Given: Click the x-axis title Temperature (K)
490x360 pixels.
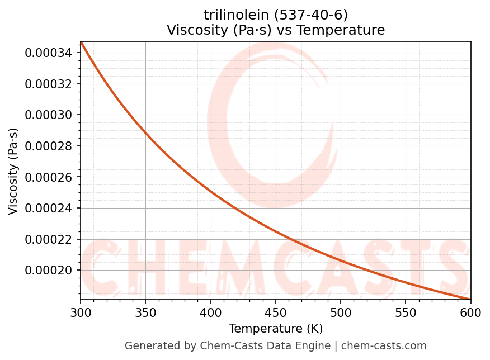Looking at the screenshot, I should [x=276, y=329].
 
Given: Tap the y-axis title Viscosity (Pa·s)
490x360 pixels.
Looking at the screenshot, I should [x=13, y=171].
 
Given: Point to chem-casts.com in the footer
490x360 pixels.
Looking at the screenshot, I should [x=384, y=346].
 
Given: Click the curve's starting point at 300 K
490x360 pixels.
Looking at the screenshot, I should [x=81, y=42].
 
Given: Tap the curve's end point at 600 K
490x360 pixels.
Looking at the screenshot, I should [x=470, y=299].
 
